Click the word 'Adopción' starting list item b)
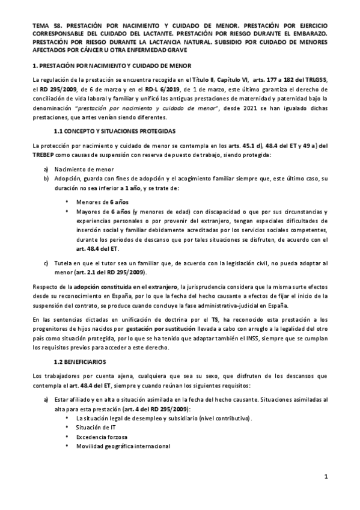coord(67,179)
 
